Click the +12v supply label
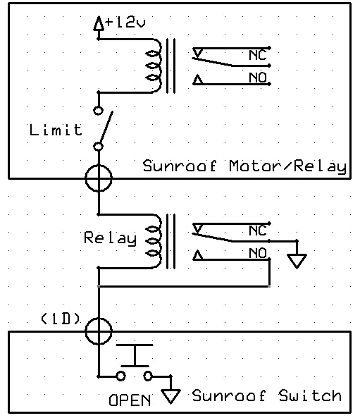coord(125,23)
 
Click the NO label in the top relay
coord(257,78)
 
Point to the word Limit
coord(56,130)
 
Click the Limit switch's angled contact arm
coord(104,128)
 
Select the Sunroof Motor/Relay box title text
coord(244,167)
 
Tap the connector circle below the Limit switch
coord(98,177)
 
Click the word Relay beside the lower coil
coord(109,238)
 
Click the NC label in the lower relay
coord(257,230)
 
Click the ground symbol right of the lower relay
coord(298,260)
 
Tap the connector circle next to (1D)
coord(98,329)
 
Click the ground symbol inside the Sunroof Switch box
coord(170,396)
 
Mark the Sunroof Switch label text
coord(266,395)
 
